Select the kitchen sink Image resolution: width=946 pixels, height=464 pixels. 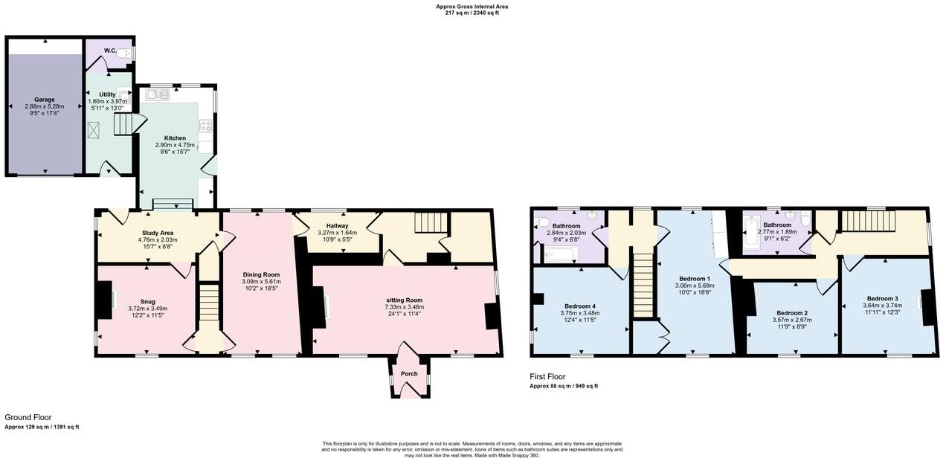[x=158, y=94]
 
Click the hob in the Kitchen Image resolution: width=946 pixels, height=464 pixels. [x=205, y=126]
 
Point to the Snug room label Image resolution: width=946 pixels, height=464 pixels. [x=147, y=301]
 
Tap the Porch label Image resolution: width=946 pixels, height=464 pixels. [x=409, y=373]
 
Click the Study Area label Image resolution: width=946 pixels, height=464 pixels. [x=158, y=233]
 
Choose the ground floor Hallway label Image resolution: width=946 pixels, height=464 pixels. [x=337, y=225]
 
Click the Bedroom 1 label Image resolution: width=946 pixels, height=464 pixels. [x=695, y=278]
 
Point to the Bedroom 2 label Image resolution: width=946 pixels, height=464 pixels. [x=792, y=313]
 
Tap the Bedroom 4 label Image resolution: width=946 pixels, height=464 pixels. [x=581, y=306]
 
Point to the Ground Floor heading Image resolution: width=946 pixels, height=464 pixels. [x=28, y=418]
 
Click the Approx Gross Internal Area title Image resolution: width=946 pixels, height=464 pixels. [x=472, y=7]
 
